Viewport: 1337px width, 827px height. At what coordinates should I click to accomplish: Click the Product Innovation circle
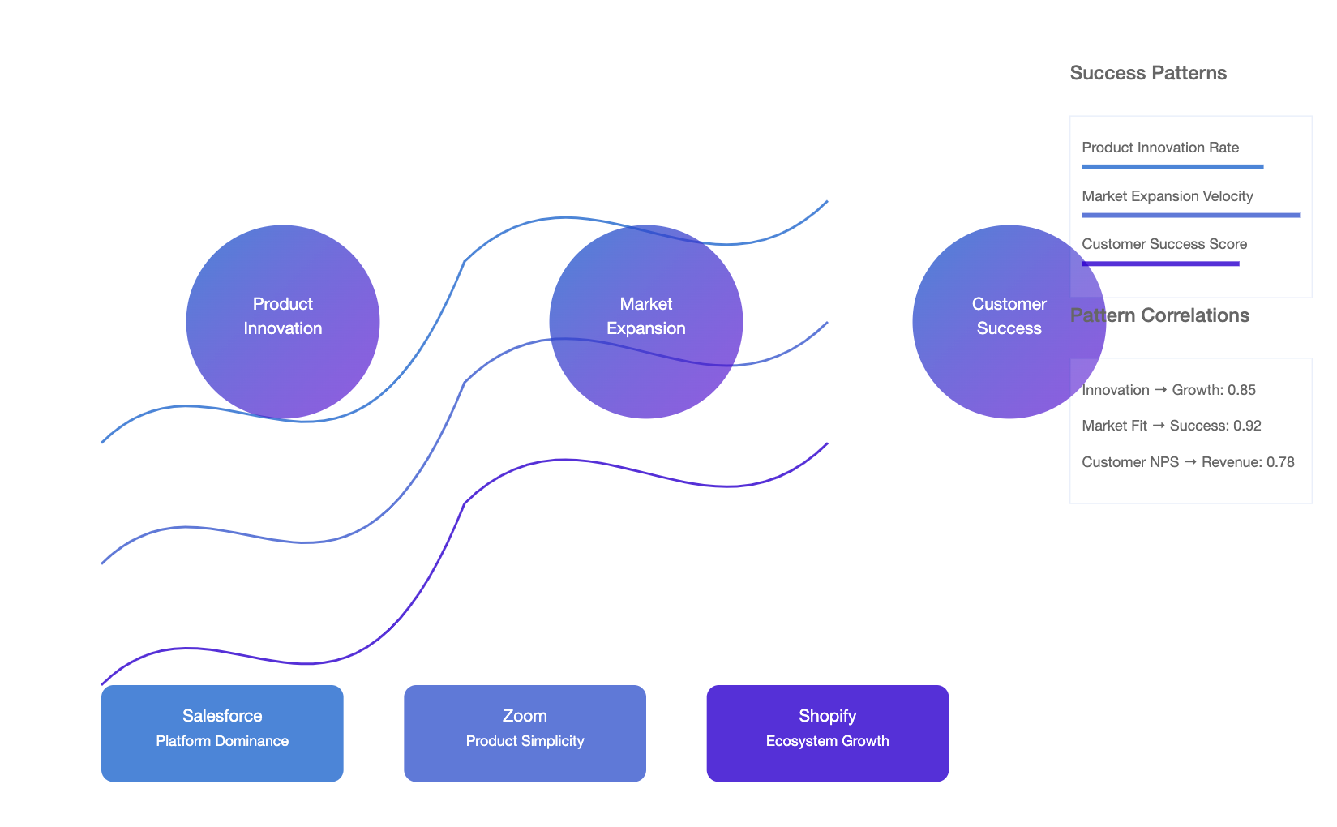pos(283,322)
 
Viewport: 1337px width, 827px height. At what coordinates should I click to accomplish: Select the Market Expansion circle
pos(646,322)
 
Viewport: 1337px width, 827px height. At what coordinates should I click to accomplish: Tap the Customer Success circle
pos(1009,322)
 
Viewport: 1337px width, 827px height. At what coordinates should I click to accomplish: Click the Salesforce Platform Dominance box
pos(222,733)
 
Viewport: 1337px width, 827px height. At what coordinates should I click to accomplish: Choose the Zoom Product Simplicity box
pos(525,733)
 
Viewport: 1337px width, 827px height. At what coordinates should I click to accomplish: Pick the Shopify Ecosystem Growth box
pos(827,733)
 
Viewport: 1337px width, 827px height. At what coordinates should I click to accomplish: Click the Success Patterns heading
pos(1148,73)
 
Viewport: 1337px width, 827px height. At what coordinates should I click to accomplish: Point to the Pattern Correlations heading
pos(1159,315)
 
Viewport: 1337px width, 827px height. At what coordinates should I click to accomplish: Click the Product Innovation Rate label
pos(1160,148)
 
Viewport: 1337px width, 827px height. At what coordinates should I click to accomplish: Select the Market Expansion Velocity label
pos(1168,195)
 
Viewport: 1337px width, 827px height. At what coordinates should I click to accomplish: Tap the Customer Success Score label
pos(1164,244)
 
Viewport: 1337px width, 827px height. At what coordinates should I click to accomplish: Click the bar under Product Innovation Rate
pos(1173,167)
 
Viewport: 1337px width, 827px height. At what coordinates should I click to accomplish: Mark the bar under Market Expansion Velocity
pos(1191,216)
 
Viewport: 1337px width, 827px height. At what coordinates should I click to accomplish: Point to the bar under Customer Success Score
pos(1161,264)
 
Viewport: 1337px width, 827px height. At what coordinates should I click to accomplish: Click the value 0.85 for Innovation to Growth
pos(1241,390)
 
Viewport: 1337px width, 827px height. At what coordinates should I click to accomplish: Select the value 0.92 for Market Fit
pos(1247,426)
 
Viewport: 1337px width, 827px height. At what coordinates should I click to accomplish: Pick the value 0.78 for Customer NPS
pos(1280,462)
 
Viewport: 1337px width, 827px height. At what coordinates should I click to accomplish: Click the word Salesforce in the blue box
pos(222,715)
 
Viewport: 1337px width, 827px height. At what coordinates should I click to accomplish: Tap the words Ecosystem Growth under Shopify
pos(827,741)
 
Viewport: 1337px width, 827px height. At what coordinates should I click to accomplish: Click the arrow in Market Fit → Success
pos(1159,426)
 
